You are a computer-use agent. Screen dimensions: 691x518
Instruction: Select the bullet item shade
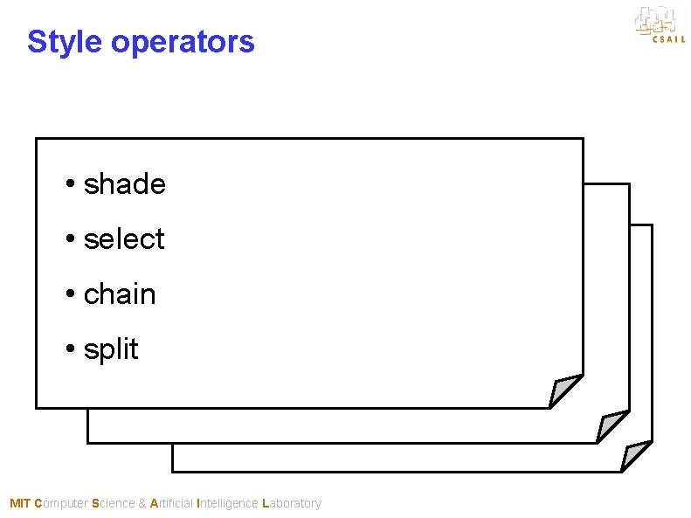click(124, 184)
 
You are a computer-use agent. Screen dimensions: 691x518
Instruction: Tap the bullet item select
click(124, 239)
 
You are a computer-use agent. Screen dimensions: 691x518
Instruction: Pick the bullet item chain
click(120, 294)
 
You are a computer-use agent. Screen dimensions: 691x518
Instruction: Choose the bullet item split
click(111, 349)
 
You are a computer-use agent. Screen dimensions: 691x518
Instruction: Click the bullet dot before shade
click(69, 185)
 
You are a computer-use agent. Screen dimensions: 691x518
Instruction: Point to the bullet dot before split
click(69, 349)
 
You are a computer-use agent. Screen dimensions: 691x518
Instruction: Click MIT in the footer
click(19, 503)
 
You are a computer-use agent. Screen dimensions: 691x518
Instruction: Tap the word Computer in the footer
click(61, 503)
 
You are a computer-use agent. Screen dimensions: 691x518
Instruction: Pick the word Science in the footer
click(113, 503)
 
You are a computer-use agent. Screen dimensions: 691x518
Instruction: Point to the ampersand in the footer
click(142, 503)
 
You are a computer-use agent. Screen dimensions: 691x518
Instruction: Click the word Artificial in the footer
click(172, 503)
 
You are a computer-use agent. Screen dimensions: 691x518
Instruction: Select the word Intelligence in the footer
click(228, 503)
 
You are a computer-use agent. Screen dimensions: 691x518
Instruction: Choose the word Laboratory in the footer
click(292, 503)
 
